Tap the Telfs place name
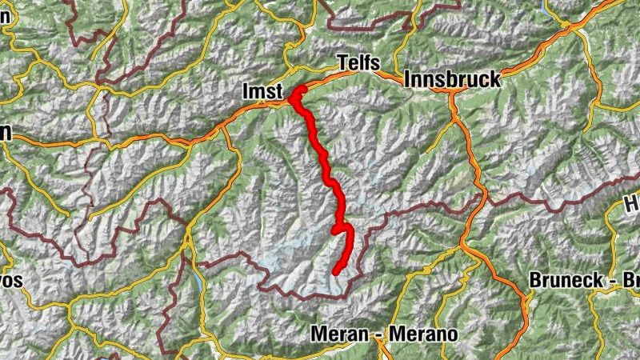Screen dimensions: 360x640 point(358,63)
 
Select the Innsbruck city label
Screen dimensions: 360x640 point(453,80)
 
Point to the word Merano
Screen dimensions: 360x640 point(423,334)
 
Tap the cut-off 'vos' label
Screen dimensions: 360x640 point(12,282)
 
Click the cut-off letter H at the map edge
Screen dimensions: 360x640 point(631,206)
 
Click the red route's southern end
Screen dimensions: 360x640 point(337,272)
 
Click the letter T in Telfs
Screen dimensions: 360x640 point(342,63)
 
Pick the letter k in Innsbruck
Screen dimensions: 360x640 point(494,80)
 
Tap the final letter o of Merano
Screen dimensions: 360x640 point(452,334)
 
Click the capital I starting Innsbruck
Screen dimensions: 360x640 point(409,80)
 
